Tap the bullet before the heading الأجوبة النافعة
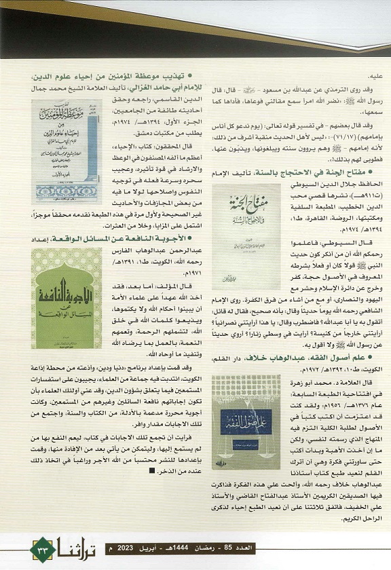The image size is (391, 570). (174, 237)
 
